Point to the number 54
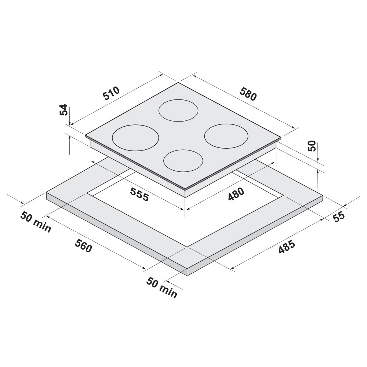[64, 110]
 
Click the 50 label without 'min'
[312, 146]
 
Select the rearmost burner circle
[179, 110]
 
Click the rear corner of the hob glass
[178, 83]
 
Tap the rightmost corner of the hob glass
[281, 138]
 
